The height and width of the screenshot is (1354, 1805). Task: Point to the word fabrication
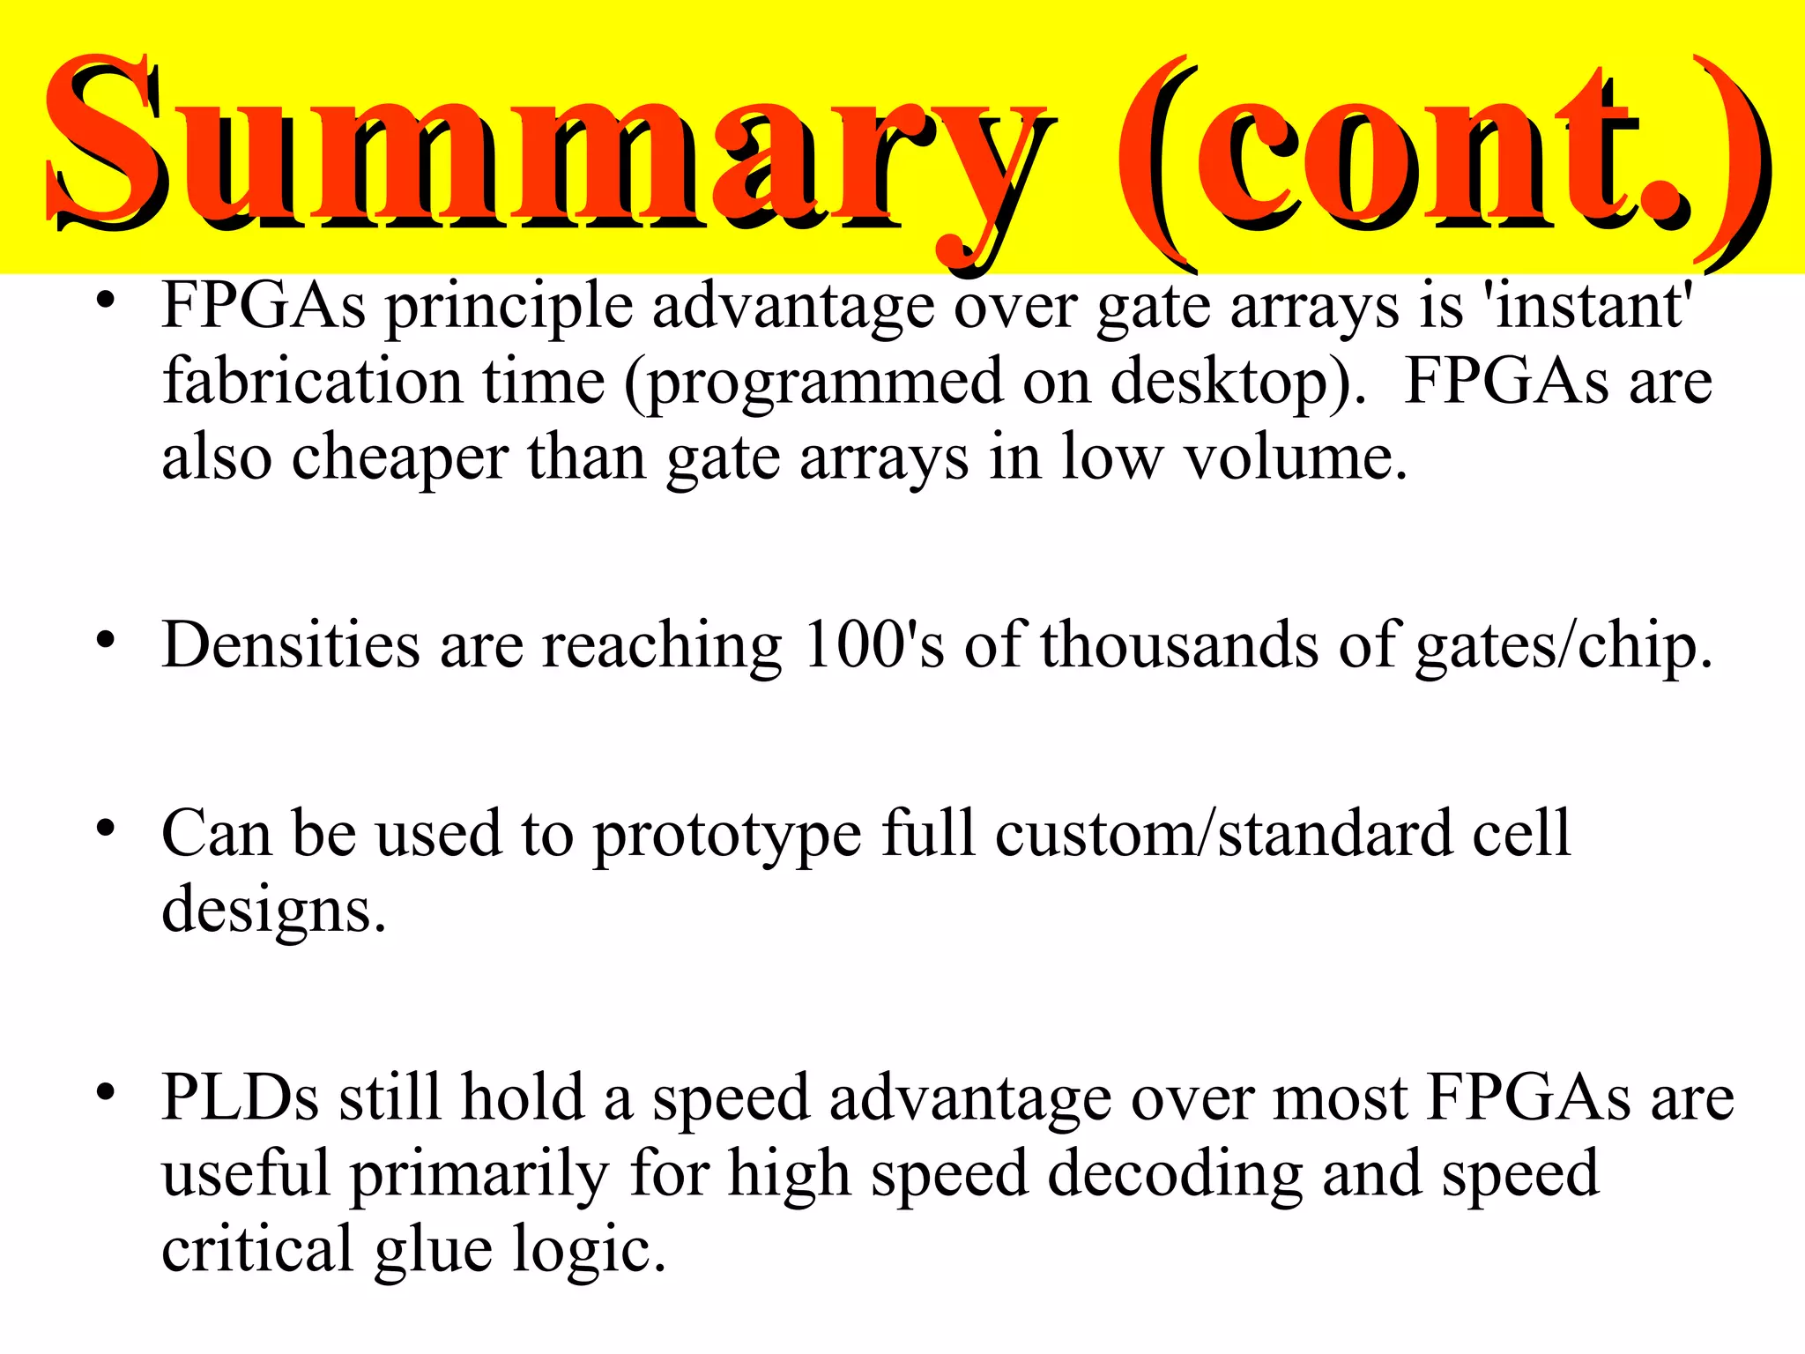(313, 381)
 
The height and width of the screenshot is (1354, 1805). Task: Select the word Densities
(291, 644)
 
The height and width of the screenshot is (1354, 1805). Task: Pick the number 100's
(873, 644)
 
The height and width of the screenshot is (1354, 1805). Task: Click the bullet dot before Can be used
(106, 829)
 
